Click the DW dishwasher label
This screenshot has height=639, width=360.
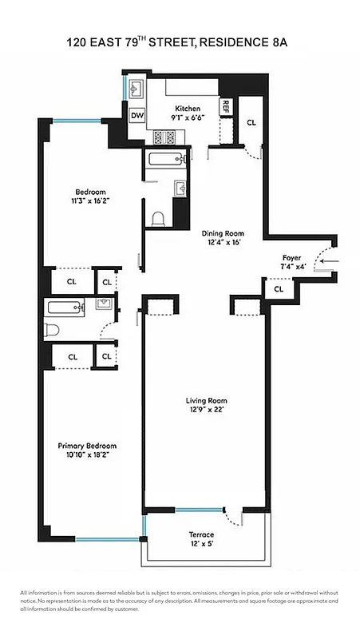click(x=137, y=116)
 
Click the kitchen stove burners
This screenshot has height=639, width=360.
click(x=164, y=137)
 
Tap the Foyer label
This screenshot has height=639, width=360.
click(x=291, y=258)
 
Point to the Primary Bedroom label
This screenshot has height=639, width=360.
click(x=86, y=446)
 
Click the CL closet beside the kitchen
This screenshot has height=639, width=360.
click(x=251, y=123)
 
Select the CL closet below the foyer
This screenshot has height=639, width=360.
click(x=279, y=289)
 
